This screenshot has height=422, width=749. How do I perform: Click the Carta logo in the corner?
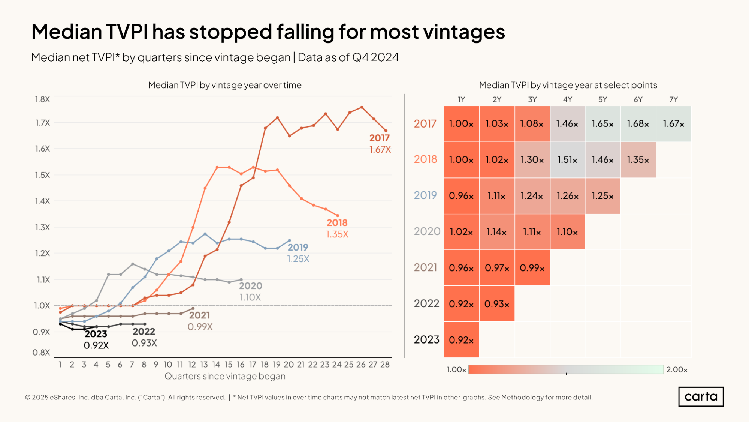tap(701, 396)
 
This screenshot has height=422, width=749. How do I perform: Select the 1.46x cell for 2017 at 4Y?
tap(567, 124)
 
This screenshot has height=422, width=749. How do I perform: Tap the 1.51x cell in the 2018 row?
tap(567, 160)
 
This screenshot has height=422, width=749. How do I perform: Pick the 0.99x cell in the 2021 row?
tap(532, 268)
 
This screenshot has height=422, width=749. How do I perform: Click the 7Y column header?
tap(673, 99)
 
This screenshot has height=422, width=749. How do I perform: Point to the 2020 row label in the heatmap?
tap(427, 231)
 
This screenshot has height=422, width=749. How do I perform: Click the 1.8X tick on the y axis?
tap(42, 99)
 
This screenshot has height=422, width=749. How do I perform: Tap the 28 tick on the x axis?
tap(385, 365)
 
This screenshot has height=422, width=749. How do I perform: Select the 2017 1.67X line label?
tap(380, 144)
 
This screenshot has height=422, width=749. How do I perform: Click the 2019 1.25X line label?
tap(298, 253)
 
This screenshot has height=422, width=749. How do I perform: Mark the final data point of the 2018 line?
tap(338, 216)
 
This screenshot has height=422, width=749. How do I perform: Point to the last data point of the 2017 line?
tap(386, 131)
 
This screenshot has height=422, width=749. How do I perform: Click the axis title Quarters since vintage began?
tap(225, 376)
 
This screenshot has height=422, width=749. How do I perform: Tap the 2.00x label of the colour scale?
tap(677, 370)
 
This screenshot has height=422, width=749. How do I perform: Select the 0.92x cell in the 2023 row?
tap(461, 340)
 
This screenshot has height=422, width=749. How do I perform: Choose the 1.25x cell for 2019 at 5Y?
tap(602, 196)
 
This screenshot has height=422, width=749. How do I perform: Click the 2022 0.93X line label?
tap(144, 337)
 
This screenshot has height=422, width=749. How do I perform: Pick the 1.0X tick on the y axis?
tap(42, 306)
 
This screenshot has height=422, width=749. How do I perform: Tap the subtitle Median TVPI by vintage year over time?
tap(225, 85)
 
